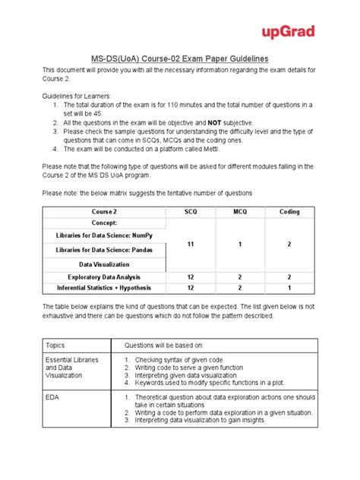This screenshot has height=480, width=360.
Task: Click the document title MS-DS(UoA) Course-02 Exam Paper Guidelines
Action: tap(179, 58)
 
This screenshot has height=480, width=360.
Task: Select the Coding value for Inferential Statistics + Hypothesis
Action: tap(289, 288)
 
